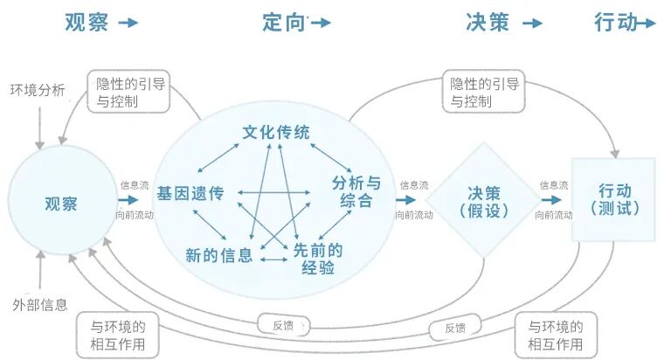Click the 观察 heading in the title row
pos(86,22)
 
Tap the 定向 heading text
pos(283,22)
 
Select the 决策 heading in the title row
pos(488,22)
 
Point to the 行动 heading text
pos(616,22)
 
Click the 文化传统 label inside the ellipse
pos(276,134)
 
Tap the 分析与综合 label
pos(356,191)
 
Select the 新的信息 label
pos(218,255)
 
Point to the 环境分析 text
pos(38,90)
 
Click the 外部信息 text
pos(39,305)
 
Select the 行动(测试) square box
pos(614,199)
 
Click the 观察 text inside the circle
pos(61,204)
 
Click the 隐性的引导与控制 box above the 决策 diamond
pos(484,92)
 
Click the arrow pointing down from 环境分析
pos(38,127)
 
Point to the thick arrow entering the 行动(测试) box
pos(553,200)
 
